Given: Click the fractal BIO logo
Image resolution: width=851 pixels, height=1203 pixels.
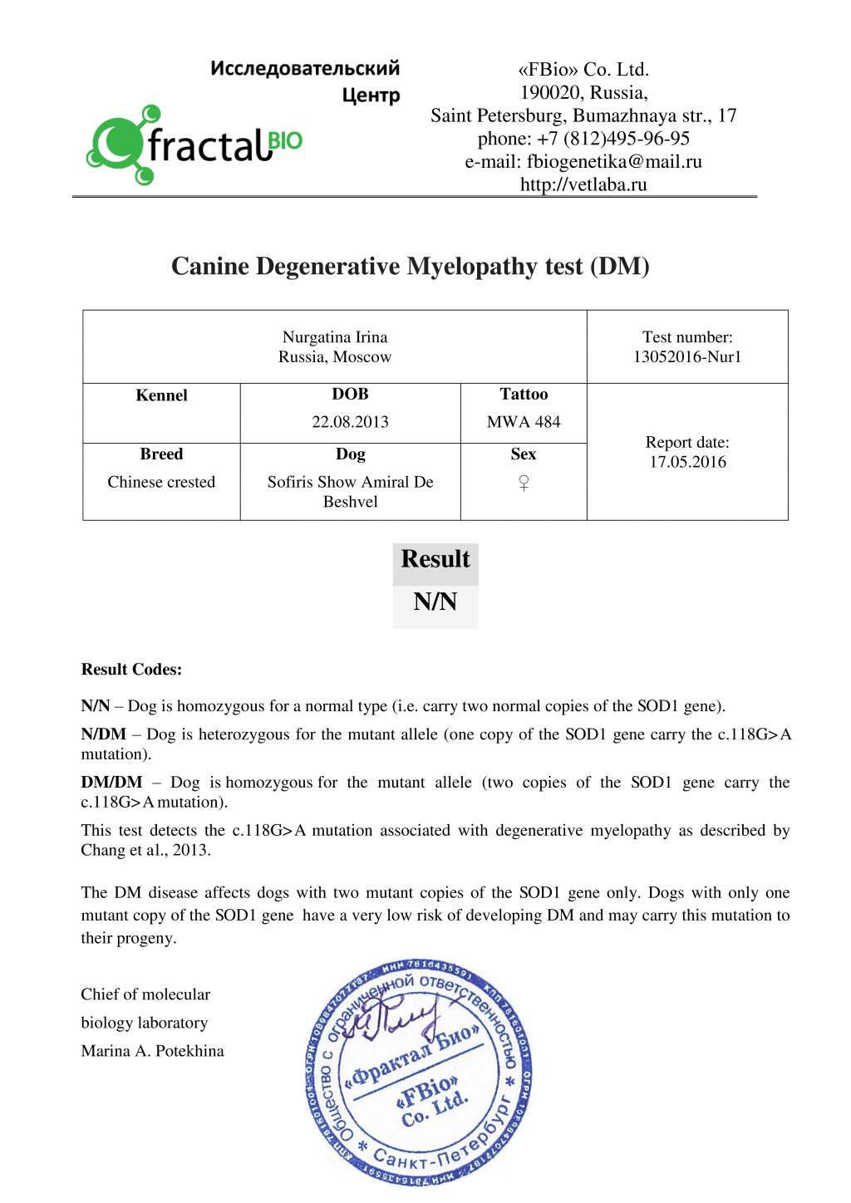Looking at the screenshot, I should coord(194,145).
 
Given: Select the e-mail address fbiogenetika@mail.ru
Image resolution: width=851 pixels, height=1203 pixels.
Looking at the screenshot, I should coord(613,162).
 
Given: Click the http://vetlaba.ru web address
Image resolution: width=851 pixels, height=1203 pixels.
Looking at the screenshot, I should coord(583,184).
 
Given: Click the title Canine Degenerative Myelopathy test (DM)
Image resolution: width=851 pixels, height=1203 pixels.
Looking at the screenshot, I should coord(411,267).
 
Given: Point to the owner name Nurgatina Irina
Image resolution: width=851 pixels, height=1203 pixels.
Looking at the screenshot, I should coord(335,337).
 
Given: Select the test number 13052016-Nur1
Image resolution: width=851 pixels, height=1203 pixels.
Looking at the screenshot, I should coord(687,357).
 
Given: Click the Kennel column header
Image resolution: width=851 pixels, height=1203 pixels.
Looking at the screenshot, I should coord(161,395).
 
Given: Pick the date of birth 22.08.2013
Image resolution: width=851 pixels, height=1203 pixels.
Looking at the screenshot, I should coord(350,422).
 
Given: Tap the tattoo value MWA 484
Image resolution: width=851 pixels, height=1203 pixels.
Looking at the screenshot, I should coord(524,422).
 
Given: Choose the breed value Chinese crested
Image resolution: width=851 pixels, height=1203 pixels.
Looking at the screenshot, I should coord(161,483).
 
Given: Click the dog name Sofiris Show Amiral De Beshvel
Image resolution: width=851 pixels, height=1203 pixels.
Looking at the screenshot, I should coord(350,492).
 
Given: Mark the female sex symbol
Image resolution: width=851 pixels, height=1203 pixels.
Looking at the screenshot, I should coord(524,483).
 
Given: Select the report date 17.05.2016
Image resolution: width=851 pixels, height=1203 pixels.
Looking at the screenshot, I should coord(687,463).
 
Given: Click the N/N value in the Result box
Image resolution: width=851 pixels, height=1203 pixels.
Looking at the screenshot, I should coord(435,602).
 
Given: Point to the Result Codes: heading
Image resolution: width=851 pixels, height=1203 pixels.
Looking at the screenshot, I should coord(131,670).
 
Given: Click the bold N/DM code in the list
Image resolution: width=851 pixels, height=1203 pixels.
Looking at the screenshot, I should coord(103,734).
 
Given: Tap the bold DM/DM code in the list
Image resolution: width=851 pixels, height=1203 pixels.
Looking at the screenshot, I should coord(111,783).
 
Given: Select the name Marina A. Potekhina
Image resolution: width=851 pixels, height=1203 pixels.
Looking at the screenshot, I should coord(152,1051).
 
